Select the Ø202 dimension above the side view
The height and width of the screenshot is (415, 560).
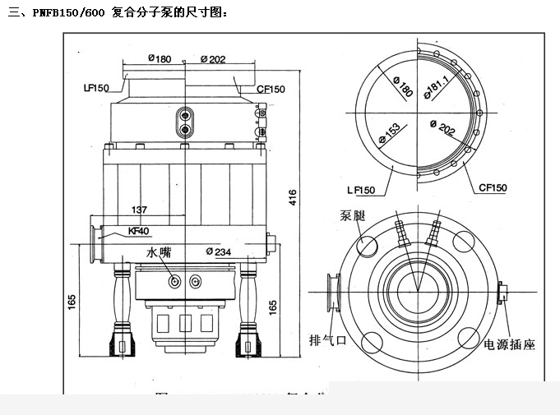213,58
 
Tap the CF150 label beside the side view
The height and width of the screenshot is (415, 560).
270,87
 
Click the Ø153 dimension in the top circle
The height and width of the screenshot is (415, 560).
388,136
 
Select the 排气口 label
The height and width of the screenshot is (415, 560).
325,340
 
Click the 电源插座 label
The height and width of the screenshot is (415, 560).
508,344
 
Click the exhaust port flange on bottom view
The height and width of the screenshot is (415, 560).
333,293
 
